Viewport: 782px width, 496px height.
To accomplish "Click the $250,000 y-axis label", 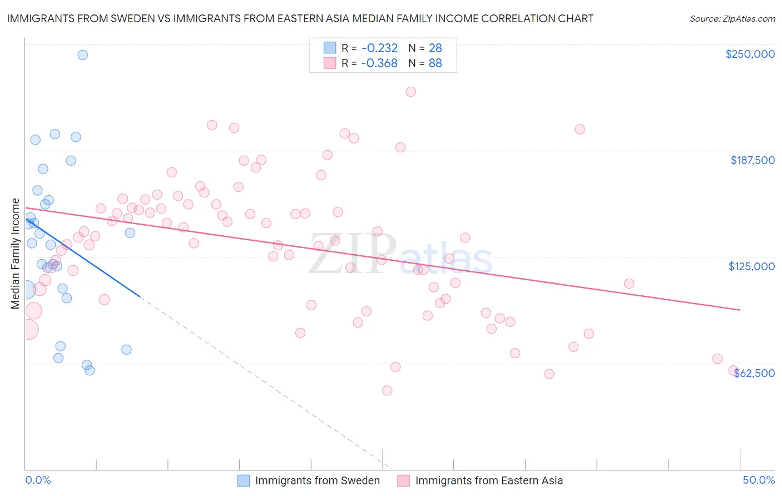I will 750,54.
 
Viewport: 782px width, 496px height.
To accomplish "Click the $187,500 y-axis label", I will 753,160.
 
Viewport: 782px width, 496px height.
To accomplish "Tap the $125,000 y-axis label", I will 751,266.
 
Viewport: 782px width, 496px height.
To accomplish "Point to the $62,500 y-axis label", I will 754,373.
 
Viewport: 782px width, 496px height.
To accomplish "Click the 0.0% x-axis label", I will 38,480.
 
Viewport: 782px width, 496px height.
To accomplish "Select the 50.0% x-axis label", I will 759,480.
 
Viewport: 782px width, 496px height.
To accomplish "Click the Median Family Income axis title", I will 16,253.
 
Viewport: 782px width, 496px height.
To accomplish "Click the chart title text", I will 300,18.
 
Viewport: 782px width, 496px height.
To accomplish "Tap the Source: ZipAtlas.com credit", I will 732,18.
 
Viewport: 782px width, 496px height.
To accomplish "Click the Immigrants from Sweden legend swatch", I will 244,480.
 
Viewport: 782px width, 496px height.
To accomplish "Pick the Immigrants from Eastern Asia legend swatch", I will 404,480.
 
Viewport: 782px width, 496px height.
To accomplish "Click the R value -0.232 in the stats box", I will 379,48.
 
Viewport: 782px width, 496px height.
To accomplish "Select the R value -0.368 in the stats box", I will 379,63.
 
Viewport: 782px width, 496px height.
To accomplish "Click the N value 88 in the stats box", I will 435,63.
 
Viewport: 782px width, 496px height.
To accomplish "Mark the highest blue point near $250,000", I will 82,54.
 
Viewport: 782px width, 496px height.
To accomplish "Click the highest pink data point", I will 411,92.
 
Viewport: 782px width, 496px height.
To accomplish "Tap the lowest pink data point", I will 387,390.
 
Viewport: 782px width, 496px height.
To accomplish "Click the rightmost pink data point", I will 734,371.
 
